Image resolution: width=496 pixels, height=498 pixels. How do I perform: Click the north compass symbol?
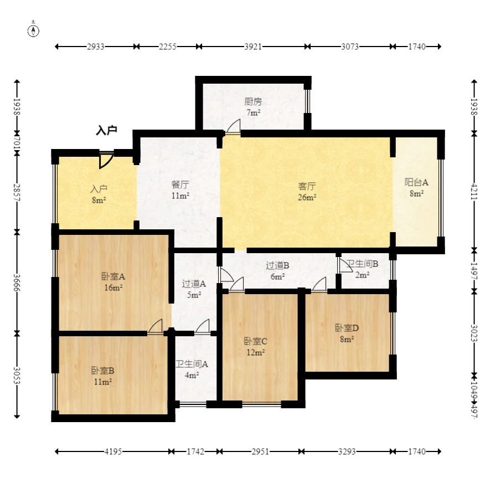tap(33, 30)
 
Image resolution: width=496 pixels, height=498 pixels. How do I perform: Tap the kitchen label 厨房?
tap(253, 101)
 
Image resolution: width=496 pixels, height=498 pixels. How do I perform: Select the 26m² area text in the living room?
tap(307, 197)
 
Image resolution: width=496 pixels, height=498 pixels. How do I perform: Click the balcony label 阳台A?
tap(416, 182)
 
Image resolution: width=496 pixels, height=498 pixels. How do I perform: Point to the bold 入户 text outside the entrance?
tap(107, 130)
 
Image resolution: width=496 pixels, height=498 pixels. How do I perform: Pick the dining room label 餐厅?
tap(180, 184)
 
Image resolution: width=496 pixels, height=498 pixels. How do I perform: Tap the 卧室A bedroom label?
tap(113, 276)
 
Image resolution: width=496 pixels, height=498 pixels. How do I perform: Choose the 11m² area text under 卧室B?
tap(103, 382)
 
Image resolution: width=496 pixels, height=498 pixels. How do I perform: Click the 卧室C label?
tap(255, 341)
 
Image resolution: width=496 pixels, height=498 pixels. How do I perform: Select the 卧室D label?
tap(347, 328)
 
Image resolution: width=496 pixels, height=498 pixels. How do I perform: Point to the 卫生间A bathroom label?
tap(192, 364)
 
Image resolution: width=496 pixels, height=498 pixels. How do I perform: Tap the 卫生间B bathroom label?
tap(362, 264)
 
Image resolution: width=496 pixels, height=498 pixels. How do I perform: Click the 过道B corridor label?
tap(277, 265)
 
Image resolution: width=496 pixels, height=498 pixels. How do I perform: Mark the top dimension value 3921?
tap(253, 47)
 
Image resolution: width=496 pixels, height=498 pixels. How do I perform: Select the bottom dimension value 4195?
tap(113, 451)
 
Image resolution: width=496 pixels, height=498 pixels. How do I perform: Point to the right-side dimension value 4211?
tap(474, 192)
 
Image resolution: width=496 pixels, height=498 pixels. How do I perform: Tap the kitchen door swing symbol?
tap(233, 126)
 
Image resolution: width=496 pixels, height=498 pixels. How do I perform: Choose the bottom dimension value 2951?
tap(260, 451)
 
